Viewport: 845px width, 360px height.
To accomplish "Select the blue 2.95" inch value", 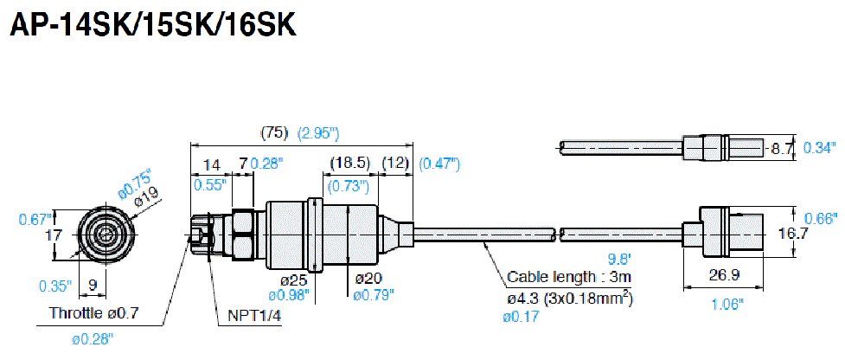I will (x=317, y=133).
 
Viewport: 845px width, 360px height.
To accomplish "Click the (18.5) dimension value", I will (x=349, y=164).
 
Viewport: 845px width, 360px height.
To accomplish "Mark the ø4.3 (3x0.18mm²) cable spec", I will (x=567, y=299).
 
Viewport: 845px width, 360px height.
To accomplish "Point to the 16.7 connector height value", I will (x=792, y=234).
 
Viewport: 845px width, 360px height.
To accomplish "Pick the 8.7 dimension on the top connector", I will (x=783, y=148).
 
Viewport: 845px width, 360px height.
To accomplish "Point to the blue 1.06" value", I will (x=726, y=304).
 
